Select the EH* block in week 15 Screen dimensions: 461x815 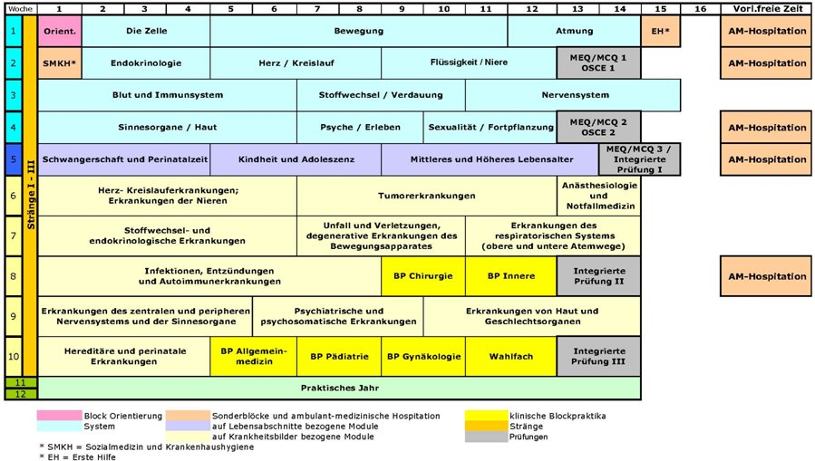tap(660, 31)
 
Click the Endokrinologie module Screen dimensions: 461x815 tap(145, 63)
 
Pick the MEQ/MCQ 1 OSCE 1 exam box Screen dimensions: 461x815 tap(598, 63)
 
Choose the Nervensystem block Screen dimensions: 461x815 tap(572, 95)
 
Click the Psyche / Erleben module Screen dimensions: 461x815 tap(360, 128)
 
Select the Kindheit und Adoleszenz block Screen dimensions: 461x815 tap(296, 159)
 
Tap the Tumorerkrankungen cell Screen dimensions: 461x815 tap(426, 196)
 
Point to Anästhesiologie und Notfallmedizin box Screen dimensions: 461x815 tap(598, 196)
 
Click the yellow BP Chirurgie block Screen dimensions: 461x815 tap(423, 276)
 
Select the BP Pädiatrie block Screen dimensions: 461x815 tap(339, 357)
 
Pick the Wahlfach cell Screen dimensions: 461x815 tap(510, 357)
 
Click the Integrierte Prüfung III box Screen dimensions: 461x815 tap(598, 357)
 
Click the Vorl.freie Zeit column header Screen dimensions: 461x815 tap(766, 8)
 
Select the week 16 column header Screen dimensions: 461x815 tap(700, 8)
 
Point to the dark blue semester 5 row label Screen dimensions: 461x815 tap(13, 159)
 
